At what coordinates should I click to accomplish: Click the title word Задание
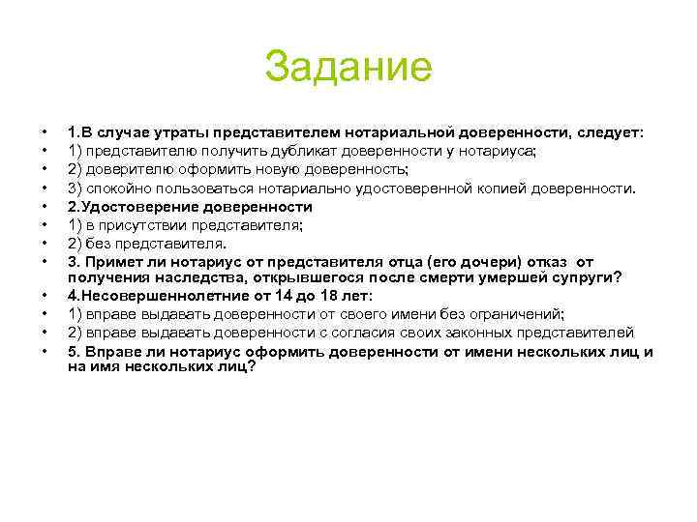coord(348,68)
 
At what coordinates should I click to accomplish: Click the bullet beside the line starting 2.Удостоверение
coord(45,206)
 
